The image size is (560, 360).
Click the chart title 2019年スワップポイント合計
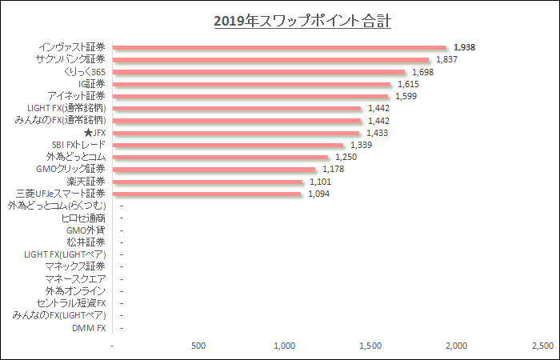[302, 21]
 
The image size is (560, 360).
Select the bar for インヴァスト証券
[280, 47]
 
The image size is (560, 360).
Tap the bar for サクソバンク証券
[272, 59]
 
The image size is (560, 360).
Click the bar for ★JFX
[237, 133]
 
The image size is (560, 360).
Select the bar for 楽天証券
[209, 182]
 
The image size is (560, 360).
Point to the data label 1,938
[464, 47]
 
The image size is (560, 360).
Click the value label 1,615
[409, 84]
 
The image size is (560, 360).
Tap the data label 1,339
[361, 145]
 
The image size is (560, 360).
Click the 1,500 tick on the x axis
[370, 346]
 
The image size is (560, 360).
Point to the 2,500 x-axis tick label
[542, 346]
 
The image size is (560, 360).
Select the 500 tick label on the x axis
[199, 346]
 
